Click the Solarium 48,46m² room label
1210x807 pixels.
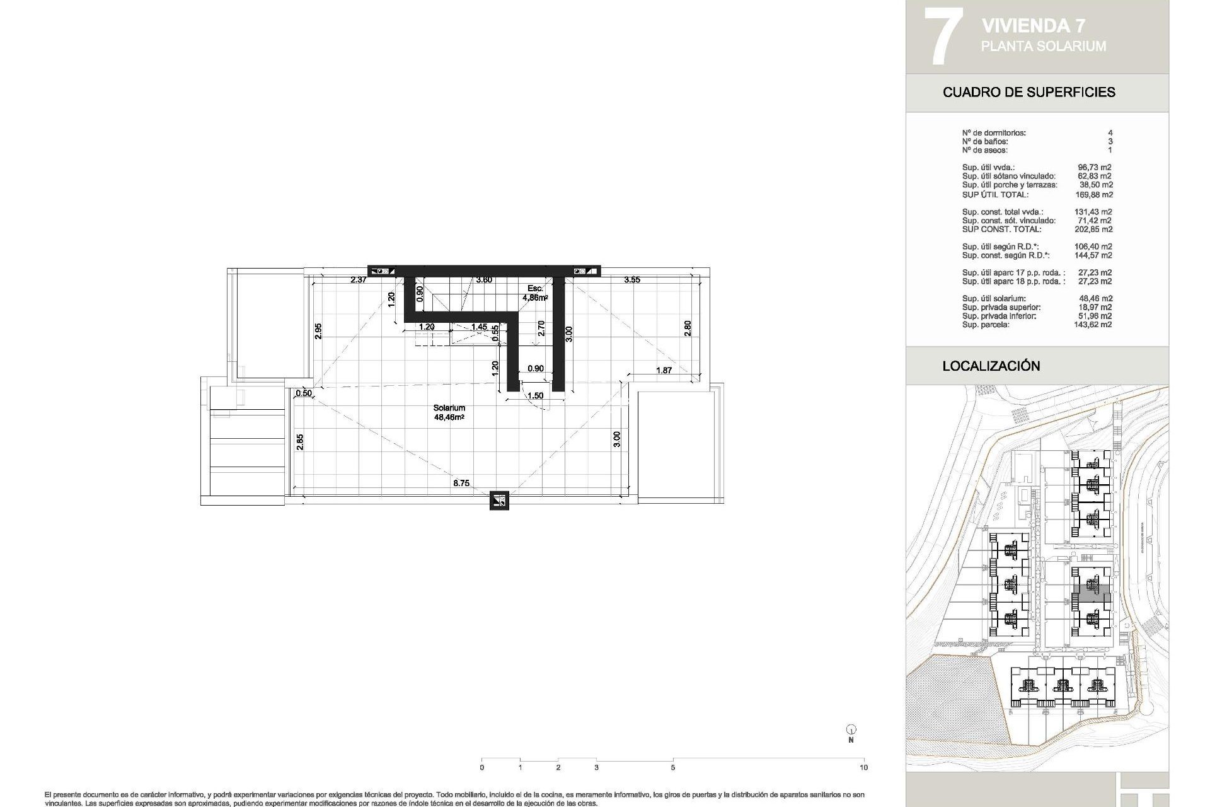[x=449, y=412]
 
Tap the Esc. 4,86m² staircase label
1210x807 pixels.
[x=535, y=293]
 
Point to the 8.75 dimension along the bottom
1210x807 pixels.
[x=461, y=484]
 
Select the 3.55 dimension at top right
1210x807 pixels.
[x=631, y=280]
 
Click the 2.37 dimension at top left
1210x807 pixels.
[x=359, y=280]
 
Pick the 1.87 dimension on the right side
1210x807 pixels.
[x=664, y=371]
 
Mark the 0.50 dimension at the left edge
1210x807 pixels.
[x=304, y=393]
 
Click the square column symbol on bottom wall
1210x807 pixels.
[x=499, y=501]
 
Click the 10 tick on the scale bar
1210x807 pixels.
[x=863, y=767]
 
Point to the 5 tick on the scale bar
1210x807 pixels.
[x=672, y=767]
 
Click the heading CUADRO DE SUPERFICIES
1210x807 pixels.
[x=1028, y=92]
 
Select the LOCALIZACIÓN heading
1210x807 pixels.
[x=991, y=366]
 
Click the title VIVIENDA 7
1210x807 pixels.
[x=1033, y=26]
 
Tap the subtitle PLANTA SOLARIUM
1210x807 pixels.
[x=1043, y=46]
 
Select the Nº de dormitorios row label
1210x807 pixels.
[x=993, y=133]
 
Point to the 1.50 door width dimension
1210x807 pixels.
[x=535, y=396]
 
